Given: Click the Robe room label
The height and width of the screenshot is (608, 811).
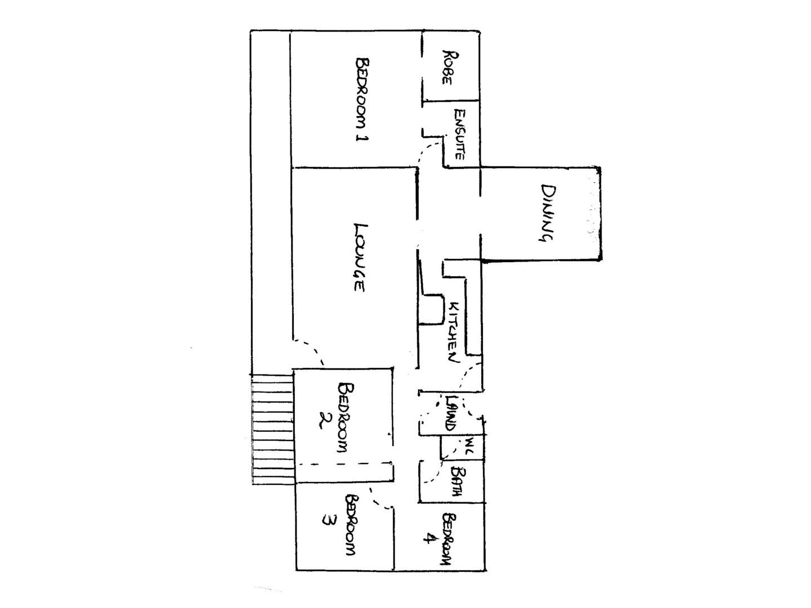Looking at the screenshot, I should (450, 67).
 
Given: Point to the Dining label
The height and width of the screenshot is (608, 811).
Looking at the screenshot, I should (545, 213).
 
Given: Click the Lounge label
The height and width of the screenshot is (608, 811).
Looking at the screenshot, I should (359, 258).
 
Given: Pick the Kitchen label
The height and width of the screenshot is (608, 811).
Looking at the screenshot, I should (454, 332).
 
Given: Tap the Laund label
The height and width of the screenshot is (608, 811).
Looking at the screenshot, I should (450, 413).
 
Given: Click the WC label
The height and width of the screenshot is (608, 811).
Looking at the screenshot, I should (468, 447).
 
